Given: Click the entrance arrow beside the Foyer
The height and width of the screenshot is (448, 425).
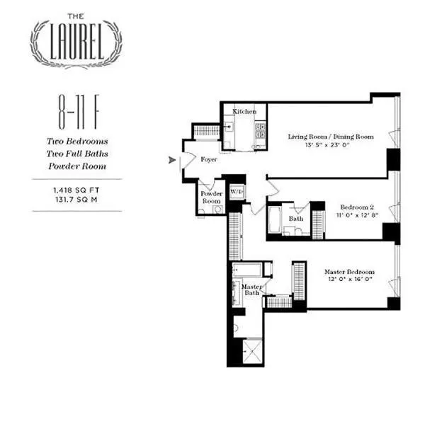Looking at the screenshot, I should coord(171,160).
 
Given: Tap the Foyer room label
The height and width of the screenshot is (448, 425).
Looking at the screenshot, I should coord(208,160).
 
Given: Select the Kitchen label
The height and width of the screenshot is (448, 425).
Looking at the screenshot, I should coord(245,112).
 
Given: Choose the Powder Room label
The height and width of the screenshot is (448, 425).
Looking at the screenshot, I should coord(211,197).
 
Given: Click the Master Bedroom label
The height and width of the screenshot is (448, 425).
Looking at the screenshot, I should coord(349,272).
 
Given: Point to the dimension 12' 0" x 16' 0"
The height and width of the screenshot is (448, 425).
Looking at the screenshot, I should coord(349,281).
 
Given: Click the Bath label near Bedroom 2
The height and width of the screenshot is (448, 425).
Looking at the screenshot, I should coord(295,219).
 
